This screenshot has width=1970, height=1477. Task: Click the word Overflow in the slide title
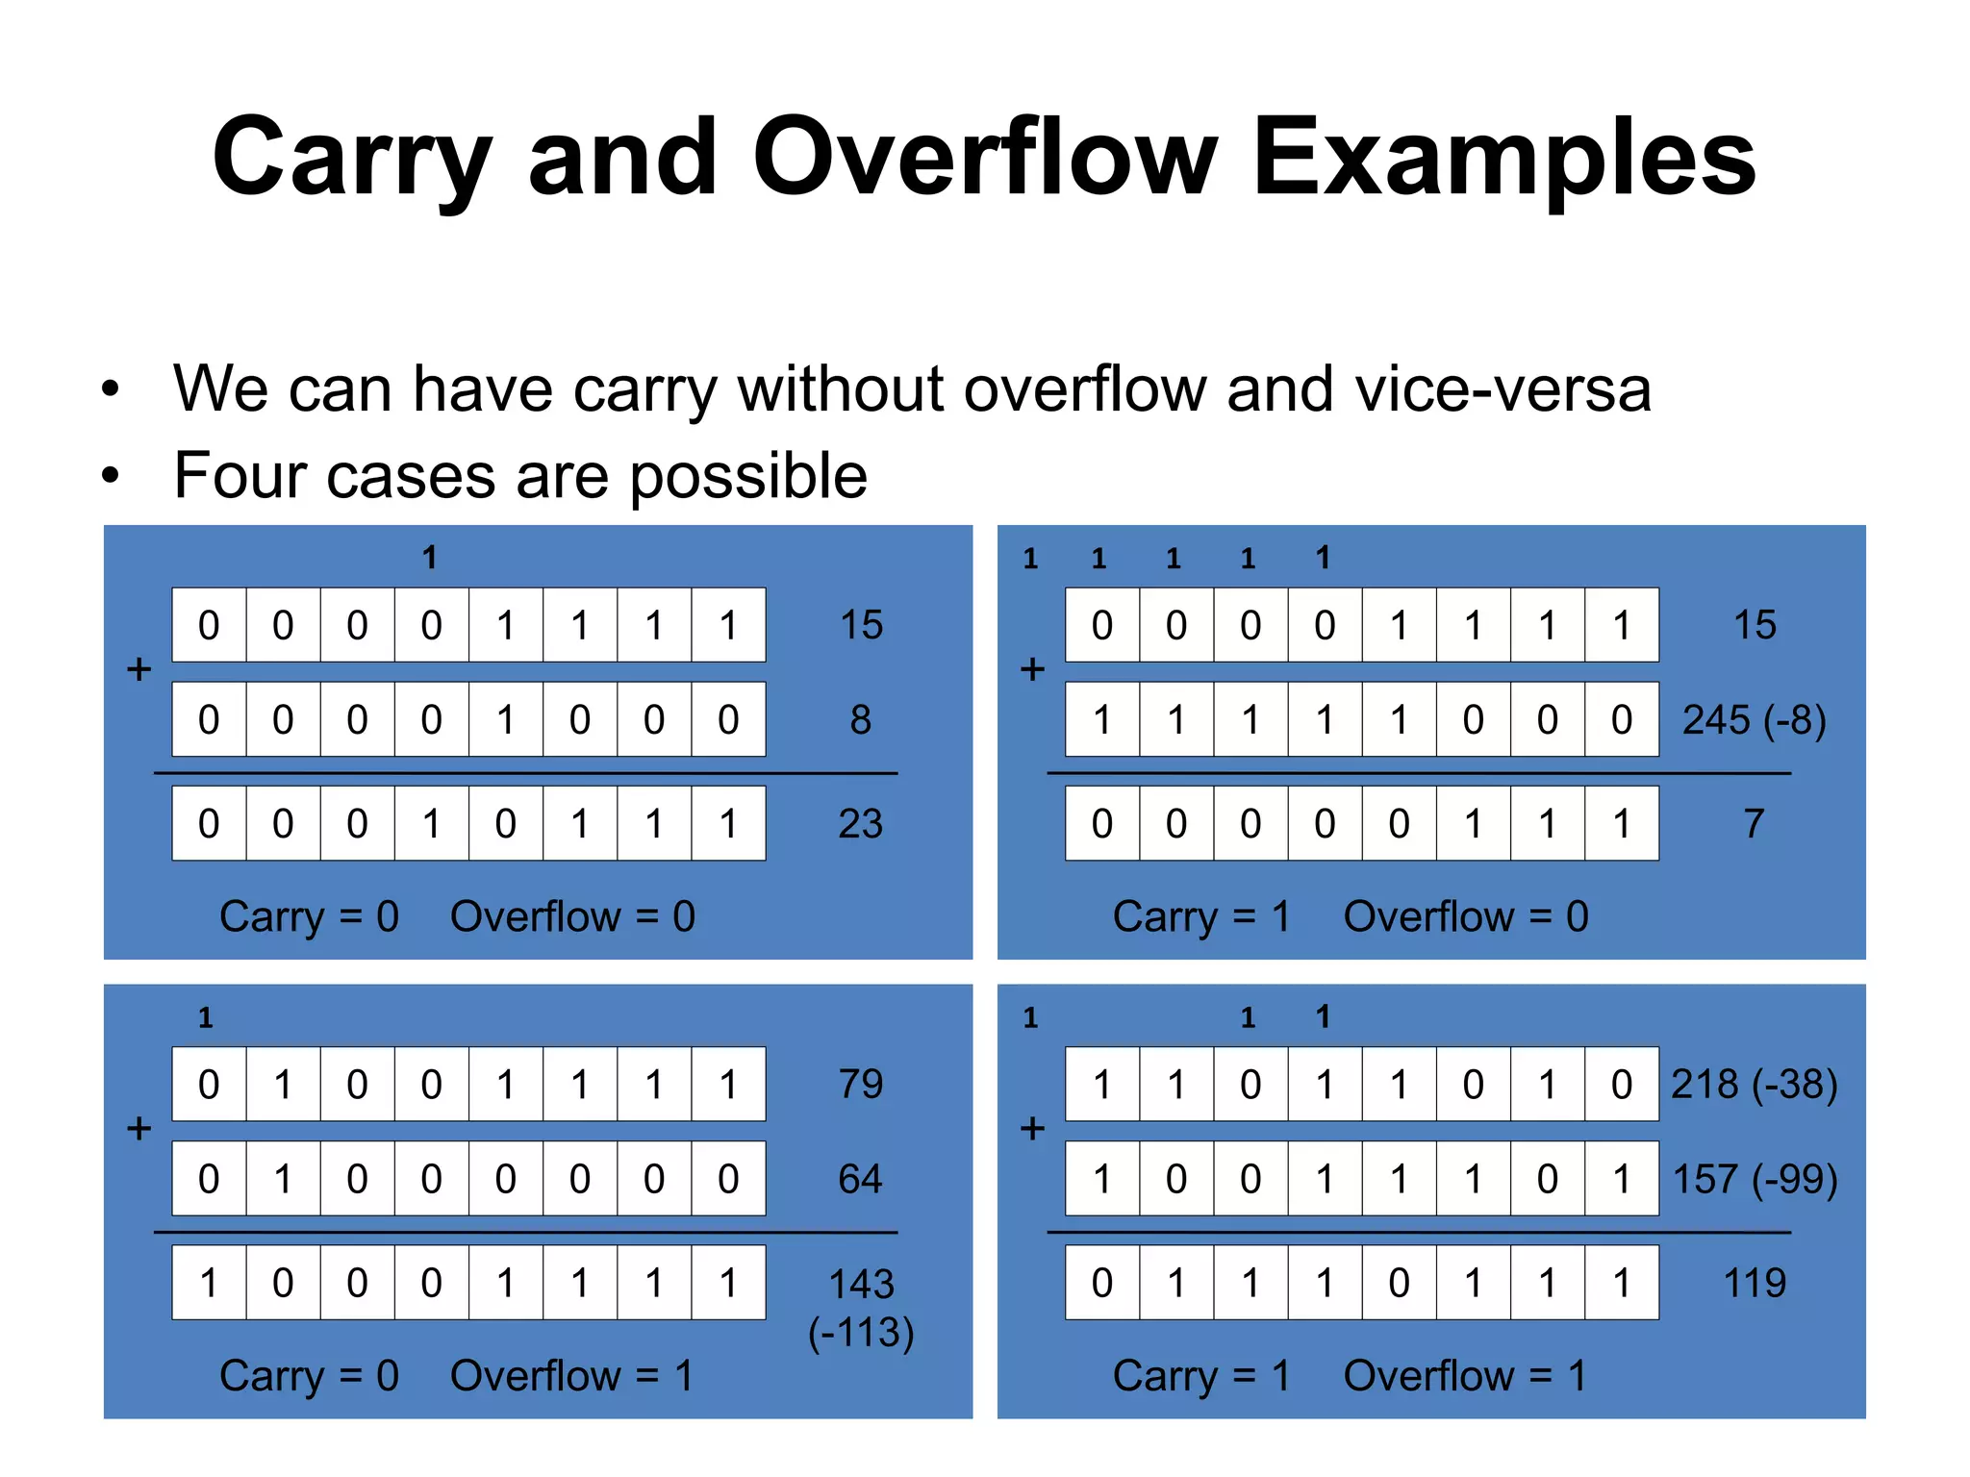985,157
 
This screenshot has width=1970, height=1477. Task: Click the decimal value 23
860,824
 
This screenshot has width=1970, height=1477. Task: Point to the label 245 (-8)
1754,720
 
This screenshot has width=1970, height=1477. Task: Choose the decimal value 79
860,1085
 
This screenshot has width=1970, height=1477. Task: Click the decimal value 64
860,1179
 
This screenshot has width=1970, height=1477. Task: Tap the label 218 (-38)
1754,1085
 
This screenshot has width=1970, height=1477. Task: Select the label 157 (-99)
1755,1179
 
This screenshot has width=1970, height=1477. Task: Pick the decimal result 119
1755,1283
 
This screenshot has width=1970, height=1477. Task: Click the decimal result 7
1754,824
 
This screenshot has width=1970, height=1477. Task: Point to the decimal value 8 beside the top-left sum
860,720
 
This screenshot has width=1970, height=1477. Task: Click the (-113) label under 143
861,1332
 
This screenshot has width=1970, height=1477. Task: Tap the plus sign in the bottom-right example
1032,1128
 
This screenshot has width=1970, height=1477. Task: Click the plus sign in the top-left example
139,669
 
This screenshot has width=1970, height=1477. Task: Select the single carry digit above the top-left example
430,558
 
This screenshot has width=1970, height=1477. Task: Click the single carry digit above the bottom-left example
206,1018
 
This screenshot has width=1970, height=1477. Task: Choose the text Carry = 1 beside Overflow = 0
1200,917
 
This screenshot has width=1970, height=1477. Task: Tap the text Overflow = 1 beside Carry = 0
571,1376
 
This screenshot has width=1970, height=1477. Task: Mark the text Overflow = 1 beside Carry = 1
1464,1376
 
